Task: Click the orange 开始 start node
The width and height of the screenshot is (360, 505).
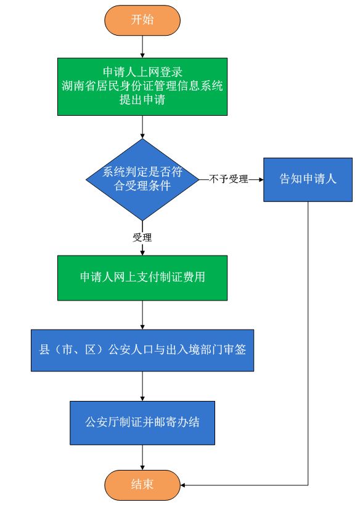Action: pos(142,20)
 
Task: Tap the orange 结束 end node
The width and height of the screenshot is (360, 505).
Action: pos(142,485)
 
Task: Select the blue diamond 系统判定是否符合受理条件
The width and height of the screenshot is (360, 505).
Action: pos(142,179)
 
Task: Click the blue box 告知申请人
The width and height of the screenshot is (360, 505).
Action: pos(308,180)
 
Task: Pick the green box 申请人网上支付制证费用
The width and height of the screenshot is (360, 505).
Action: pos(142,278)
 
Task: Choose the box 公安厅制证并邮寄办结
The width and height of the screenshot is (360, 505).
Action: pos(142,423)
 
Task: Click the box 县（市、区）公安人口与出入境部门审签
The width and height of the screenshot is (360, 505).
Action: pos(142,350)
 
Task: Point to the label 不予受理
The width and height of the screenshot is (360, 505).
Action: pos(229,179)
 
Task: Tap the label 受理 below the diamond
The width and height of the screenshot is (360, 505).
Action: pos(142,238)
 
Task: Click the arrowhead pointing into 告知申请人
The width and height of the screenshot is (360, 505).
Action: pos(261,179)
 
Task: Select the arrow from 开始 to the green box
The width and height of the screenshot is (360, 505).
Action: pos(142,46)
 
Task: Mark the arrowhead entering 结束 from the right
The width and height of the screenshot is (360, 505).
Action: pos(182,485)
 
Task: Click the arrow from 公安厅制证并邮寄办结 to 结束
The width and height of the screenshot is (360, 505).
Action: pos(142,458)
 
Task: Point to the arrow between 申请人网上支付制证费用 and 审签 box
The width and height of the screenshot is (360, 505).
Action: pos(142,315)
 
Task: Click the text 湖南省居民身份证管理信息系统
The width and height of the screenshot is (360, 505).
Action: pos(142,86)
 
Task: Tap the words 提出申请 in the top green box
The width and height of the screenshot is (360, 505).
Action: pos(142,100)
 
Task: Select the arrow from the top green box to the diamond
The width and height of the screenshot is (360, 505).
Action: pos(142,127)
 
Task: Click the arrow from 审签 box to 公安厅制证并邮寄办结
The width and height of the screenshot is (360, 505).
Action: pos(142,386)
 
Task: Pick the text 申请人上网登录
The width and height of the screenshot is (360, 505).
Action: pos(142,71)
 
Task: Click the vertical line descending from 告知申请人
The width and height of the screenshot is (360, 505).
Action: pos(308,343)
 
